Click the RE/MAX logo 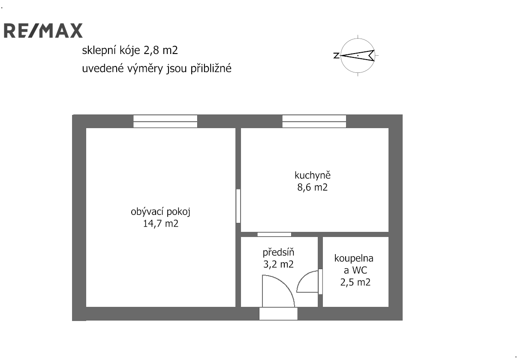43,30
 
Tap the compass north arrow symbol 358,55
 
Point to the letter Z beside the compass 336,55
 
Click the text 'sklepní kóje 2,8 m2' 130,51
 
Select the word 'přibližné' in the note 211,69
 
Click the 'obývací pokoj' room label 160,212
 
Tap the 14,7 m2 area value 161,224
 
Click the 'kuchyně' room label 313,176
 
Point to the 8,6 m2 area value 313,187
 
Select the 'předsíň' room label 278,252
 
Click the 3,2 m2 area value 278,264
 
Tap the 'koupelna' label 354,258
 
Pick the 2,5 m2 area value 355,282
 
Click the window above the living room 166,121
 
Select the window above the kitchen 314,121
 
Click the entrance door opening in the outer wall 278,314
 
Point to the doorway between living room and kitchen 238,206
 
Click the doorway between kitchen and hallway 274,234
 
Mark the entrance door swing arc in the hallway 285,284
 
